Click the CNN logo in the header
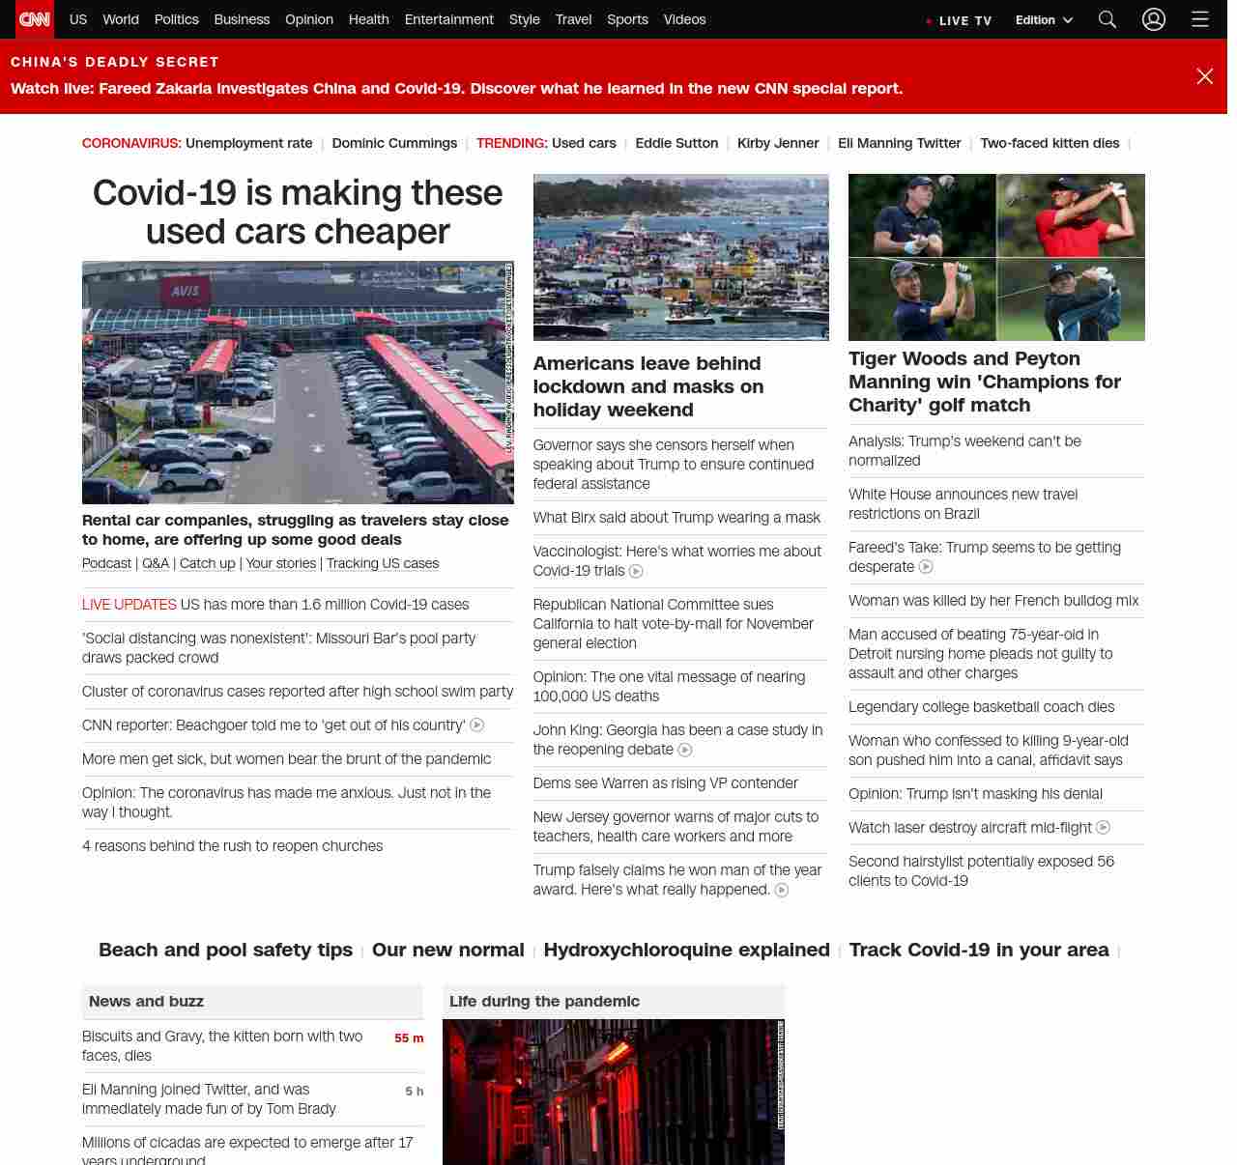point(35,19)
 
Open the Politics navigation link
point(176,19)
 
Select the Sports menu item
point(627,19)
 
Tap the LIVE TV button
point(960,20)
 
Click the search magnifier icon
point(1108,19)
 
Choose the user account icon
point(1154,19)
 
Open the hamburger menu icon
point(1200,19)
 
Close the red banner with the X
point(1204,76)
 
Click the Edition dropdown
point(1044,20)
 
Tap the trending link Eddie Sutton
point(676,143)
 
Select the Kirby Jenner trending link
point(778,143)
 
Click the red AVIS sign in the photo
point(186,291)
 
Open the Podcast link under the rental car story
point(106,563)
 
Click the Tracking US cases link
point(383,563)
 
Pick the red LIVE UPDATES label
point(129,605)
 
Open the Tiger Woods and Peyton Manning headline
point(985,382)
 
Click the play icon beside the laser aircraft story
point(1103,828)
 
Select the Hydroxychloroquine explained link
point(686,950)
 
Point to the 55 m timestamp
point(409,1038)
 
